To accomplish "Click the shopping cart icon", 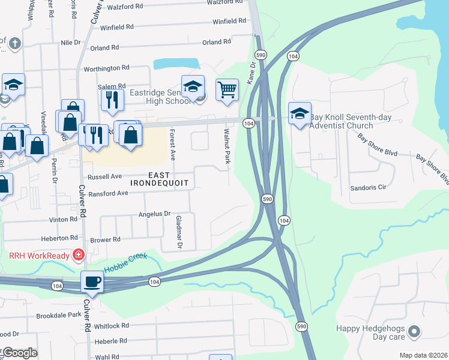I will (x=227, y=90).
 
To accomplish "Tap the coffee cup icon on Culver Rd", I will (x=92, y=281).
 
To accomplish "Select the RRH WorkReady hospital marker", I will (x=78, y=255).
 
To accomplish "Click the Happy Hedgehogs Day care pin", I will (x=413, y=331).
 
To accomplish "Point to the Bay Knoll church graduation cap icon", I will (x=300, y=113).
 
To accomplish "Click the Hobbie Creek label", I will (x=125, y=263).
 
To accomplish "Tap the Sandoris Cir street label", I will (x=367, y=188).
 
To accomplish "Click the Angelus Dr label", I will (x=155, y=214).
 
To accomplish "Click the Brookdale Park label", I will (x=58, y=315).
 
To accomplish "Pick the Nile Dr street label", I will (x=71, y=43).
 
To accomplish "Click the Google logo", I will (x=19, y=353).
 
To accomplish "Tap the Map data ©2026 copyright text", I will (x=423, y=355).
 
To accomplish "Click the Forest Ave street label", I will (x=172, y=146).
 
